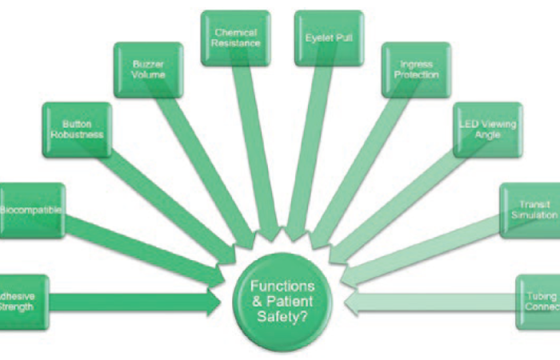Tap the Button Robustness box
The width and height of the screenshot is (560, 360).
pyautogui.click(x=77, y=130)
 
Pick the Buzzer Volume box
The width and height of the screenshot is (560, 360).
pyautogui.click(x=148, y=70)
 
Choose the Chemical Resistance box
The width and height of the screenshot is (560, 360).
pyautogui.click(x=234, y=38)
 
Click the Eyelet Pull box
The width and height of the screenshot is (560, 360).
pyautogui.click(x=325, y=38)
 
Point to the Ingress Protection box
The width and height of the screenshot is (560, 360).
pyautogui.click(x=416, y=70)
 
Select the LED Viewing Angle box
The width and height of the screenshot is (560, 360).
pyautogui.click(x=487, y=130)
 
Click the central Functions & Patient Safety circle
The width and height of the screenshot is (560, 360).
pyautogui.click(x=282, y=301)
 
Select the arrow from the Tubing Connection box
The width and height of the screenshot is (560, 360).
pyautogui.click(x=432, y=302)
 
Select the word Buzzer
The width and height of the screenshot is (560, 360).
pyautogui.click(x=148, y=62)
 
